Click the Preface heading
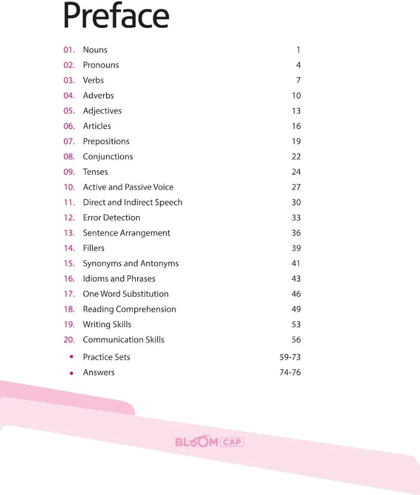(x=116, y=16)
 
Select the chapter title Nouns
(x=95, y=49)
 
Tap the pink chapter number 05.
(x=69, y=111)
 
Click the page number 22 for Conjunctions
(x=296, y=156)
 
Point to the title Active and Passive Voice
(x=128, y=187)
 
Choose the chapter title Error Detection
(x=111, y=217)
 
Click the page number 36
(x=296, y=233)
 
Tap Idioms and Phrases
(x=119, y=279)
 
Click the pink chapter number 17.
(x=69, y=294)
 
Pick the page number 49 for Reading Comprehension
(x=296, y=309)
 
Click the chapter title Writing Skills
(x=107, y=324)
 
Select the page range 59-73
(x=290, y=357)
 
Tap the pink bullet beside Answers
(x=72, y=373)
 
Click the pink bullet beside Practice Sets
(x=72, y=357)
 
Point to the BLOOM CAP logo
(x=210, y=442)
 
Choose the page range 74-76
(x=290, y=372)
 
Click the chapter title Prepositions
(x=106, y=141)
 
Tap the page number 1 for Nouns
(x=298, y=49)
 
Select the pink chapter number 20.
(x=69, y=340)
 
